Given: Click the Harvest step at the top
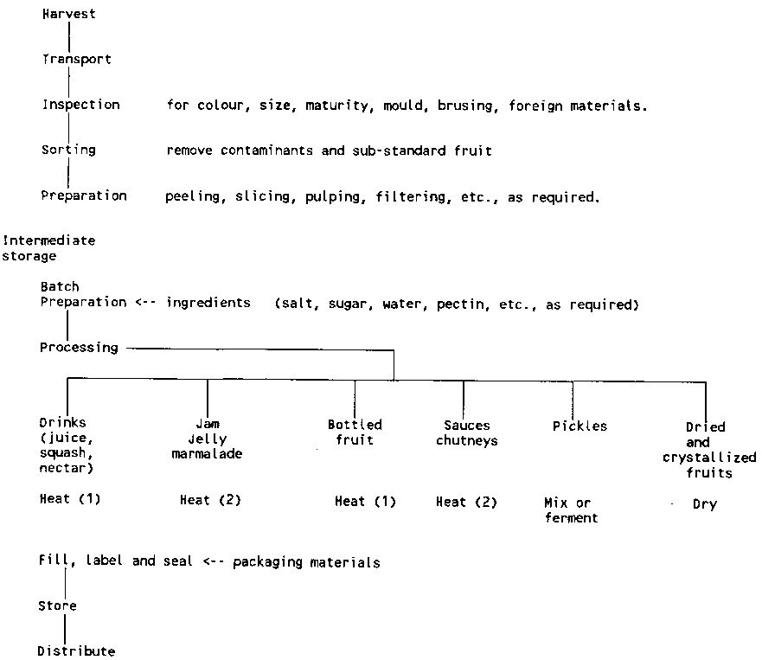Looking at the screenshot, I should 69,15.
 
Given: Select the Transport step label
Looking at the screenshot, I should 77,60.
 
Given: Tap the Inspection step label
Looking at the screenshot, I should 81,105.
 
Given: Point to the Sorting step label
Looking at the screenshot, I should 68,150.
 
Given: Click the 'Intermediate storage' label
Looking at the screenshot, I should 48,248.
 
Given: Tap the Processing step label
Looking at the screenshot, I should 79,347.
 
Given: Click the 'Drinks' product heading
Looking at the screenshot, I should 63,423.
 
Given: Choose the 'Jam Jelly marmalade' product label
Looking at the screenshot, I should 207,439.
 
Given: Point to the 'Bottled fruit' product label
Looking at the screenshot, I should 355,432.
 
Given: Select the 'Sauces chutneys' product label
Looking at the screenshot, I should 466,433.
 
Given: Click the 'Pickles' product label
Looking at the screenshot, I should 580,426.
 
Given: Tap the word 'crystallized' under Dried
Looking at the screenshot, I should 709,458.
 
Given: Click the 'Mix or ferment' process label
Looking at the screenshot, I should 571,510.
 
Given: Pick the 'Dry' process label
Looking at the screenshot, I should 704,503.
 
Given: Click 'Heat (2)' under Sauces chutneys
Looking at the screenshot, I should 466,502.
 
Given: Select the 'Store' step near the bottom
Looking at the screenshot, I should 57,606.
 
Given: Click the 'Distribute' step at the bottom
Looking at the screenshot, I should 76,650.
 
